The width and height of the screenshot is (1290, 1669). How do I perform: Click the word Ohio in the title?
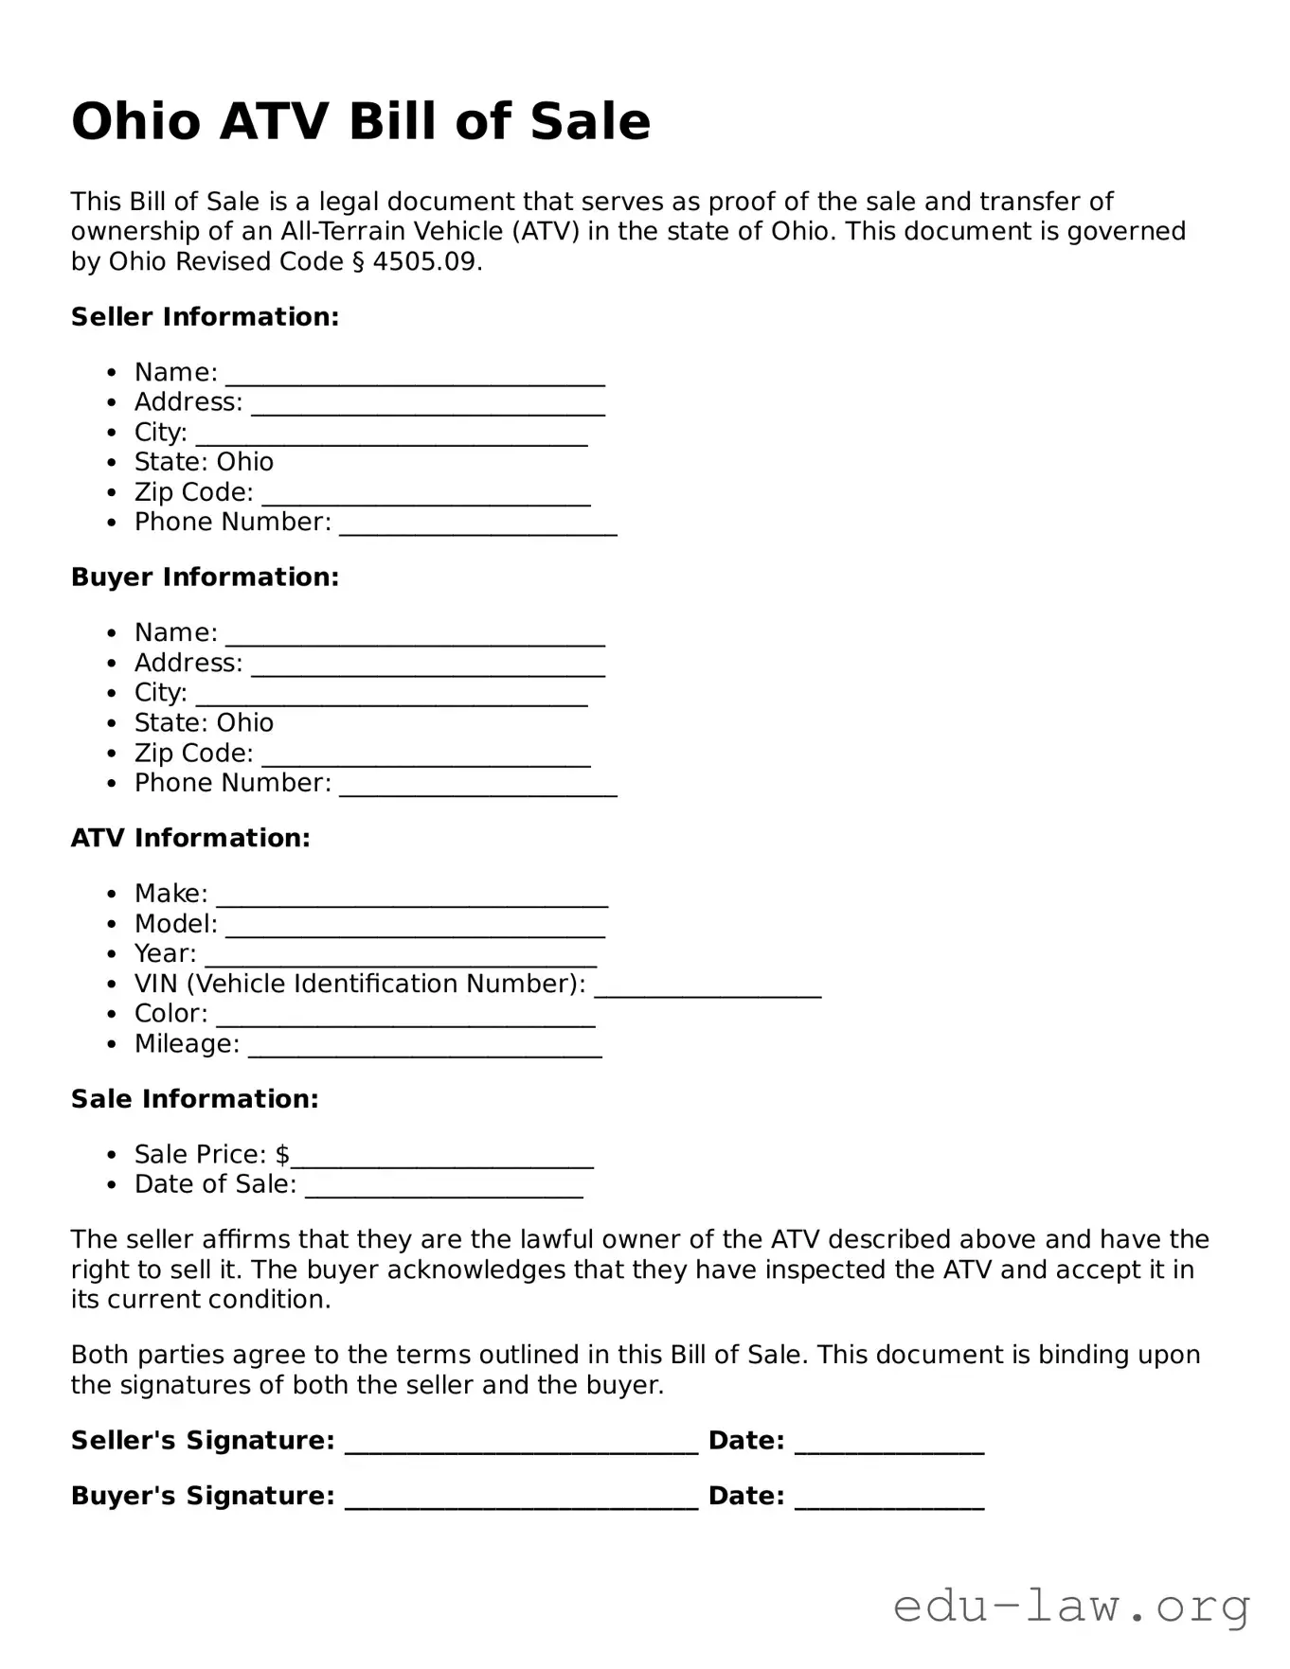136,122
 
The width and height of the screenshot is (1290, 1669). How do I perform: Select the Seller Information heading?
205,317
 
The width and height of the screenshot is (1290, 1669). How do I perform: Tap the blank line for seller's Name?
415,381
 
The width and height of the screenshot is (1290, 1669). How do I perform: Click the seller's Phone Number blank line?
478,530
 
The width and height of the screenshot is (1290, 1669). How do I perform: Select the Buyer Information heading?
205,577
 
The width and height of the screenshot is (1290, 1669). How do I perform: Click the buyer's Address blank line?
428,671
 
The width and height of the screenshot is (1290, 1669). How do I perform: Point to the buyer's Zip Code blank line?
426,761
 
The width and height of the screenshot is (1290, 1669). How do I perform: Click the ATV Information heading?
190,839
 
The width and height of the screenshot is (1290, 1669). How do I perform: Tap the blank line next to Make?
412,901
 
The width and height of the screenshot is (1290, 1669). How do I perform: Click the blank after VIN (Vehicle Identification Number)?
708,992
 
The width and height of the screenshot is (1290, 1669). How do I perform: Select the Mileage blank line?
424,1052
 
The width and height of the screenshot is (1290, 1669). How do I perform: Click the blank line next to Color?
405,1021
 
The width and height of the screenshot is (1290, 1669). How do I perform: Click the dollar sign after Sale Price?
282,1155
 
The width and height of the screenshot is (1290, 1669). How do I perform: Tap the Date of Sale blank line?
443,1193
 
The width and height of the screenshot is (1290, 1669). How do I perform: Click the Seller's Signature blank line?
521,1448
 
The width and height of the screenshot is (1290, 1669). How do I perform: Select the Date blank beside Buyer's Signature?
889,1503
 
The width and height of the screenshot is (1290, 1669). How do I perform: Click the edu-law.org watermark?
1071,1607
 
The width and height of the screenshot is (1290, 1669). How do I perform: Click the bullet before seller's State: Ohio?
113,463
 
